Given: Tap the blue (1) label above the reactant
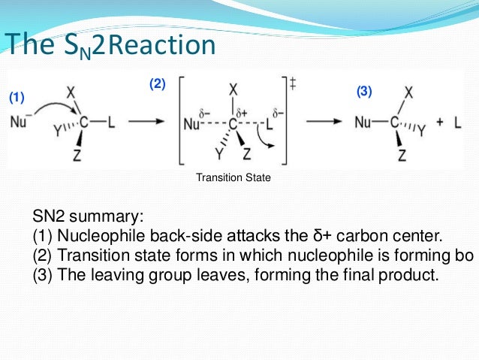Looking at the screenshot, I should click(17, 98).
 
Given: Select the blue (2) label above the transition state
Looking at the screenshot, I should click(156, 84).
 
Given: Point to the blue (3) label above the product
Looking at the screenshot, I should click(364, 92).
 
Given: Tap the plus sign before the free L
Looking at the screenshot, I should click(438, 122).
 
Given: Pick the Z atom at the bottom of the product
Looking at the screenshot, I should click(402, 156).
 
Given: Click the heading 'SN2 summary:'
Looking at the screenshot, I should click(88, 217).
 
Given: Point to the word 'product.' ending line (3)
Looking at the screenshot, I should click(406, 274).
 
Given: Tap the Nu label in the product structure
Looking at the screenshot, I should click(364, 122).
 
